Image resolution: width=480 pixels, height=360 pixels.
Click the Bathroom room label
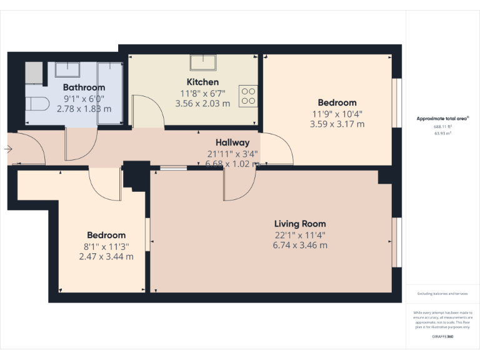(84, 87)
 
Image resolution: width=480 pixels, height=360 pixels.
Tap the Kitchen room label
(202, 82)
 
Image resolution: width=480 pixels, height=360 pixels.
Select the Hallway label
(232, 142)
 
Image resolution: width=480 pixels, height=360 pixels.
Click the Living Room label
(300, 224)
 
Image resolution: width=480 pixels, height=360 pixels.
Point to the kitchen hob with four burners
(248, 96)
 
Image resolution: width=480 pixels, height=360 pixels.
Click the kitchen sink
(204, 62)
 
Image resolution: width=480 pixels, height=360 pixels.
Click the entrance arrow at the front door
(7, 149)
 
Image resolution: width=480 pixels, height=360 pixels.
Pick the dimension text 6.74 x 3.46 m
(300, 245)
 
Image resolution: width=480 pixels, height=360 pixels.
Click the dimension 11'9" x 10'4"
(337, 114)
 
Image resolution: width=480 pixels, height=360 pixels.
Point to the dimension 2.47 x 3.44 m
(106, 256)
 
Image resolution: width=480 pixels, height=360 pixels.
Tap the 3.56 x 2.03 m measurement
(202, 104)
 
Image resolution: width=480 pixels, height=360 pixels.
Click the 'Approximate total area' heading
(442, 118)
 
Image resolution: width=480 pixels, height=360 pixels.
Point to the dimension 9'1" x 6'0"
(84, 99)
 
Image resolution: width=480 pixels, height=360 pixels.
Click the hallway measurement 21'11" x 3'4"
(232, 154)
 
